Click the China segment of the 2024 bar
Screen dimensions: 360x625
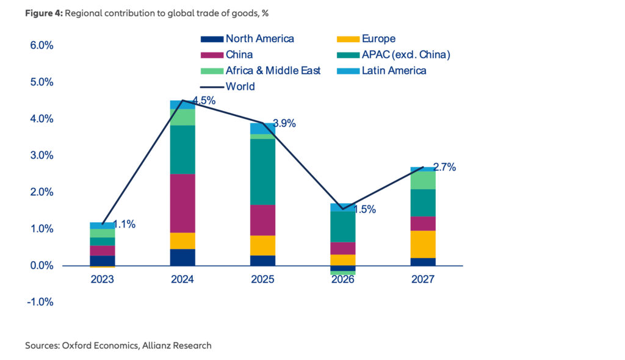pyautogui.click(x=182, y=203)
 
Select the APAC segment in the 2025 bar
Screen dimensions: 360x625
pyautogui.click(x=262, y=171)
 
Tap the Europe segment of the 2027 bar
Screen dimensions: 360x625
pyautogui.click(x=423, y=244)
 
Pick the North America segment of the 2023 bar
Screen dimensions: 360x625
pyautogui.click(x=103, y=261)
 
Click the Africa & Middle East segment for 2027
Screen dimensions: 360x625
pyautogui.click(x=423, y=180)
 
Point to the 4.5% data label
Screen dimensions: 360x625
pyautogui.click(x=204, y=101)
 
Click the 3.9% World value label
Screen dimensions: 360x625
pyautogui.click(x=284, y=124)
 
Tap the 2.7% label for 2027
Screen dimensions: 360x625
pyautogui.click(x=444, y=167)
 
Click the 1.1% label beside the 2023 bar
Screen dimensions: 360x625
pyautogui.click(x=124, y=224)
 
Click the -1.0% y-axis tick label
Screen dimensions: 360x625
pyautogui.click(x=39, y=302)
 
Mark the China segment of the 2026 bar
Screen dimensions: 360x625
pyautogui.click(x=343, y=248)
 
